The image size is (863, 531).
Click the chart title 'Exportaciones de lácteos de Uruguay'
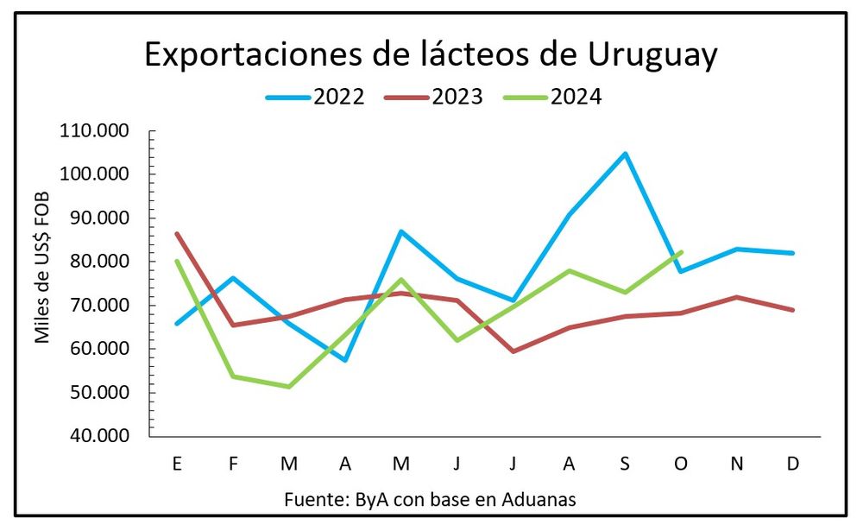tap(431, 54)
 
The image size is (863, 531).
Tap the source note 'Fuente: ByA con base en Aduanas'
tap(430, 499)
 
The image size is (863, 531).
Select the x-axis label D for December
tap(793, 464)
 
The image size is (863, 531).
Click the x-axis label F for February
tap(233, 464)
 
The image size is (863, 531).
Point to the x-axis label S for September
tap(625, 464)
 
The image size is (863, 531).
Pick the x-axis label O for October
tap(681, 464)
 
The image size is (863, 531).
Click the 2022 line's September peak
tap(625, 154)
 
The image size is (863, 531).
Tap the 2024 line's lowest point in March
tap(289, 387)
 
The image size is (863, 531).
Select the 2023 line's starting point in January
tap(177, 233)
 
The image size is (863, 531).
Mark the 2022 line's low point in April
tap(345, 360)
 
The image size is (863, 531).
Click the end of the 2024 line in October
tap(681, 252)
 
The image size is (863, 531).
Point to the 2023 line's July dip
tap(513, 351)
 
